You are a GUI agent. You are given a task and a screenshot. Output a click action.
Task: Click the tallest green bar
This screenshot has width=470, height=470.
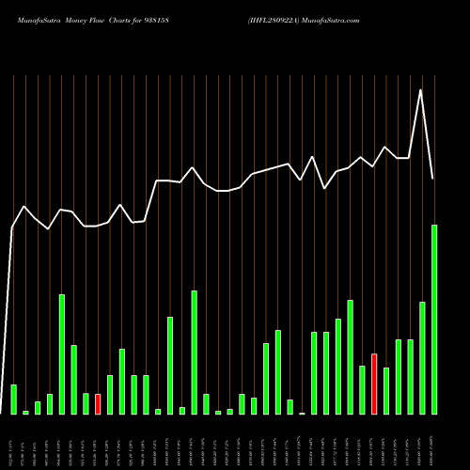click(433, 320)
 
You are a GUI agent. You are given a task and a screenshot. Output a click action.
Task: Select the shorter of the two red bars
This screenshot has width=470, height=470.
click(98, 404)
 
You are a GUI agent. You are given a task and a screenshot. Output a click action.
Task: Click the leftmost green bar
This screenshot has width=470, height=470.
click(13, 399)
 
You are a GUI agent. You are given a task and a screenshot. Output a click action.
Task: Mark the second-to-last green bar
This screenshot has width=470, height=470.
click(421, 357)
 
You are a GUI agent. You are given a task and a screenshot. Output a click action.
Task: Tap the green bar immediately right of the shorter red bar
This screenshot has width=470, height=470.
click(110, 395)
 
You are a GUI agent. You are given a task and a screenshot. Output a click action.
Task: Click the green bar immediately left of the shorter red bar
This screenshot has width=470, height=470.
click(86, 404)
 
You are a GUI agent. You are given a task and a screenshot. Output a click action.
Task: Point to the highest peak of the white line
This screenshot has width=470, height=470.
click(421, 90)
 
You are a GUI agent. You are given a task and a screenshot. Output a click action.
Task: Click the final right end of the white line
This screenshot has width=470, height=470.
click(433, 178)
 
